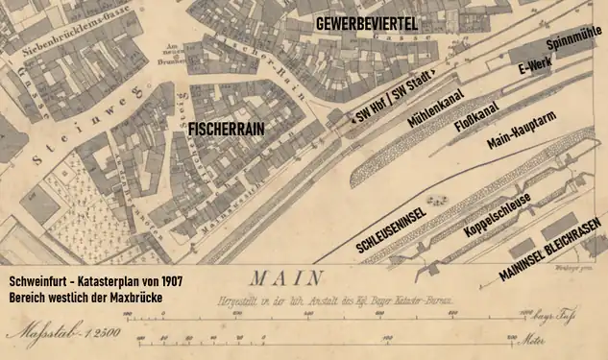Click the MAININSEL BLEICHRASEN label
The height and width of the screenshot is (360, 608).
(551, 249)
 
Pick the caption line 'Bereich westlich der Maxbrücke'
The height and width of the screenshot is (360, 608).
(85, 300)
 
